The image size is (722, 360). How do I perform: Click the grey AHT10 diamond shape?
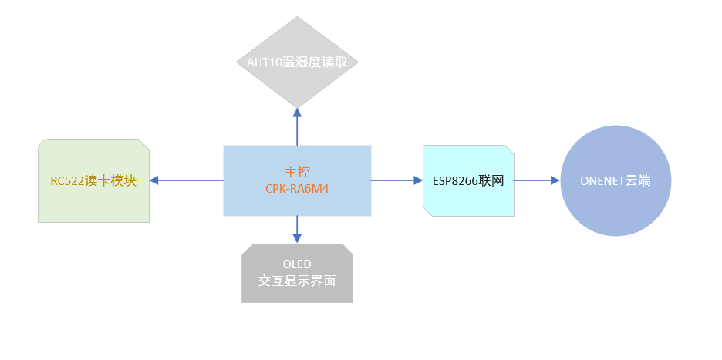tap(297, 85)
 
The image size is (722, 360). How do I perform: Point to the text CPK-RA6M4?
tap(297, 188)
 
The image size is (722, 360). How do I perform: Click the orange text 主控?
tap(297, 172)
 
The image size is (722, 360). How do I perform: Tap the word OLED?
tap(297, 264)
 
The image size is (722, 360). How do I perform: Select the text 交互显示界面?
tap(297, 281)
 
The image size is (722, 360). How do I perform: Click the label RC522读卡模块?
tap(93, 181)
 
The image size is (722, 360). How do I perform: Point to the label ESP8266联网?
tap(468, 180)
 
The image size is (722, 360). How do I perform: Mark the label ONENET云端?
tap(616, 181)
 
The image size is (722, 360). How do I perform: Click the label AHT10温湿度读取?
tap(297, 62)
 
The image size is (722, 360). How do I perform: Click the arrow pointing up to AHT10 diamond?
tap(297, 127)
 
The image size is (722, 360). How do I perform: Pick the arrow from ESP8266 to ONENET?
tap(537, 180)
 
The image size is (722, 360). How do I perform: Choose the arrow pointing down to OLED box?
tap(297, 230)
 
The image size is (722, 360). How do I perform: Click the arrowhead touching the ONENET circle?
tap(555, 180)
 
